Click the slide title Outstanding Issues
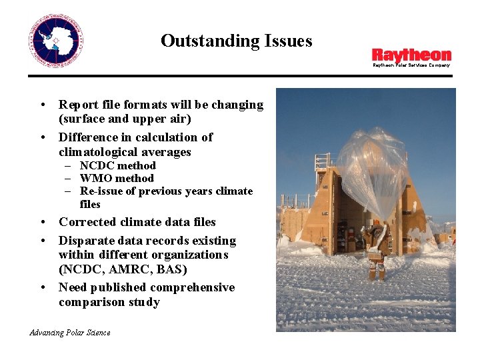click(x=236, y=41)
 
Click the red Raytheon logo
click(x=411, y=55)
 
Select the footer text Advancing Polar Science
click(x=70, y=332)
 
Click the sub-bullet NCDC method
click(x=117, y=165)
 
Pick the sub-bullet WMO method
click(x=117, y=178)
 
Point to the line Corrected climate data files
click(x=137, y=222)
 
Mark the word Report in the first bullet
click(x=78, y=105)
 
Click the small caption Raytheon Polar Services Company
click(x=411, y=65)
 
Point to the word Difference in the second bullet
click(x=89, y=137)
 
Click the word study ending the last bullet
click(x=145, y=302)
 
